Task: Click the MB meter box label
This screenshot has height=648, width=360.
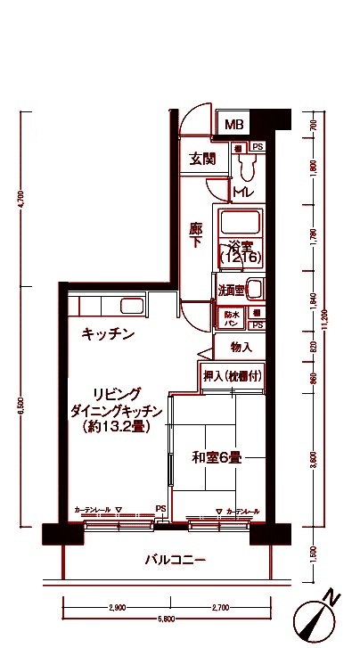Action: click(234, 125)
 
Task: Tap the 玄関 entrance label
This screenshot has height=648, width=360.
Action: click(202, 160)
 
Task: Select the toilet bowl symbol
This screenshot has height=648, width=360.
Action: click(250, 165)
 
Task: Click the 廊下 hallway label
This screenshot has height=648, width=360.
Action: click(197, 236)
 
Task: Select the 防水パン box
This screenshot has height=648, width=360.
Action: click(232, 315)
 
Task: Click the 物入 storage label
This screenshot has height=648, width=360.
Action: click(241, 347)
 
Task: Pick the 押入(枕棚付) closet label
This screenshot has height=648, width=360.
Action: click(230, 376)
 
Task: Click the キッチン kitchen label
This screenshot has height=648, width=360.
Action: click(108, 334)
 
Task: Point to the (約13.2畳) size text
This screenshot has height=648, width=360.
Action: click(115, 427)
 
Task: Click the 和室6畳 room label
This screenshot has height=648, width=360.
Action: click(217, 458)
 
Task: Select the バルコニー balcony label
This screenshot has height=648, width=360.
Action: click(176, 561)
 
